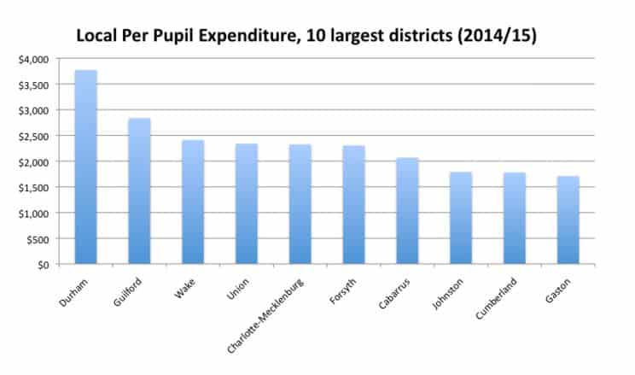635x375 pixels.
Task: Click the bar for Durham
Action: click(85, 167)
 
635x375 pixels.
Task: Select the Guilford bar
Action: click(139, 191)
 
